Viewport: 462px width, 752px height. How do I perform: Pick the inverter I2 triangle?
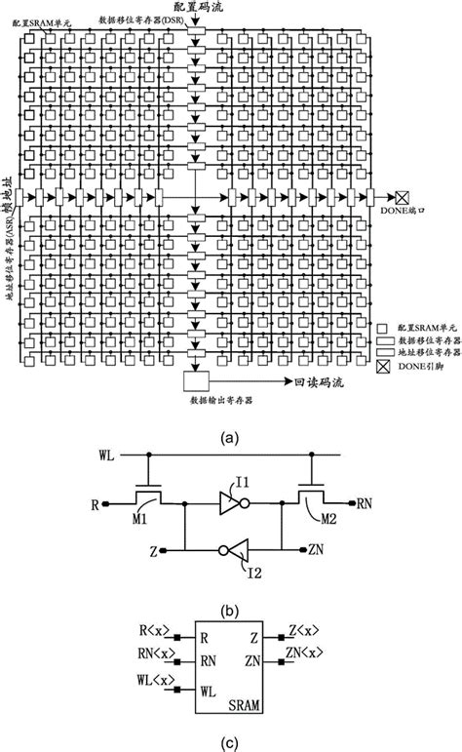point(231,548)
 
